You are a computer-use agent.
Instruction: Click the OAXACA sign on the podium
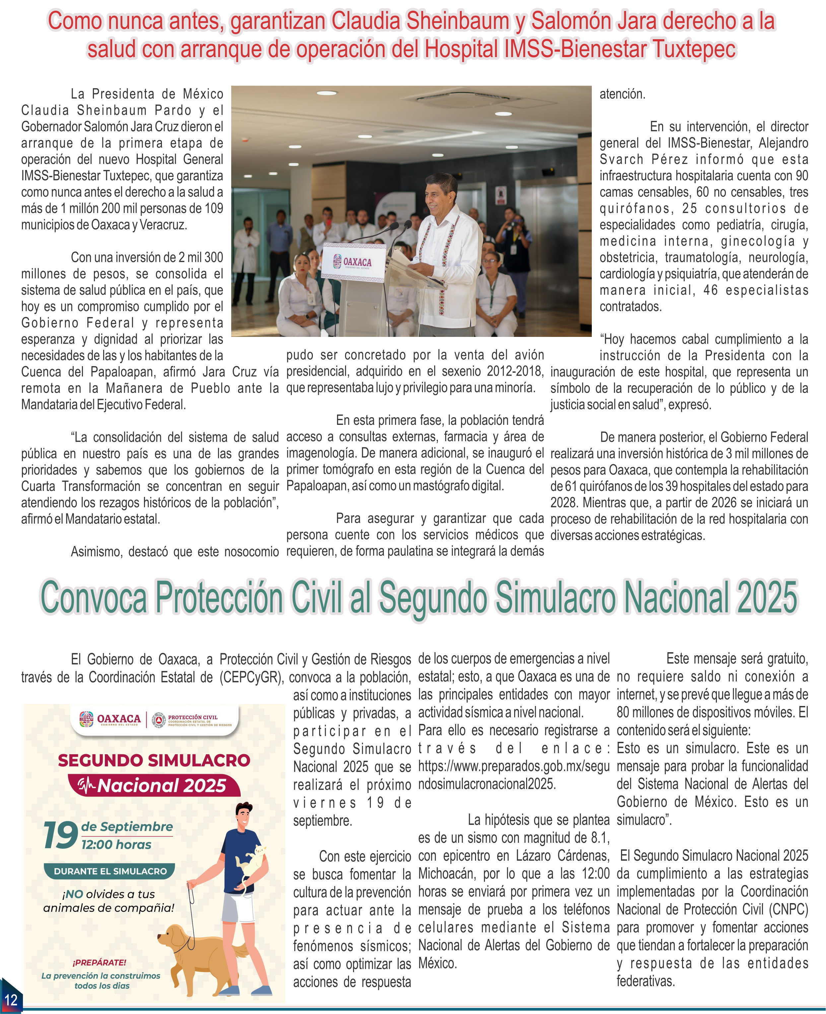point(354,262)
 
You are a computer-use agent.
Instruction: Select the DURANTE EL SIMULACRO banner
point(110,871)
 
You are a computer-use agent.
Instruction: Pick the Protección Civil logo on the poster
point(192,720)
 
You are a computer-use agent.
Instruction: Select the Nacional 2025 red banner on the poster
point(154,786)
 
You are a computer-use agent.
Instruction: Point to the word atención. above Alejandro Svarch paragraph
point(622,94)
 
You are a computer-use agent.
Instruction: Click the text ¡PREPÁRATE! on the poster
point(100,962)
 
